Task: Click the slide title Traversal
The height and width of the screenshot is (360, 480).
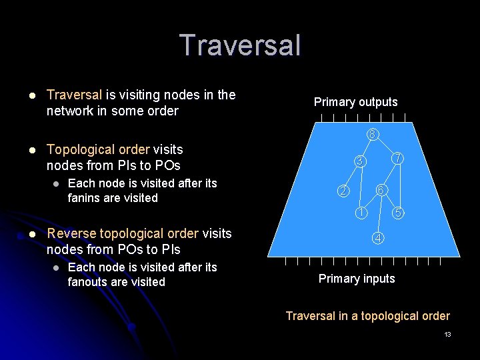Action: [x=240, y=45]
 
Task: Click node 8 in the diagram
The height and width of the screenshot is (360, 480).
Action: [x=373, y=134]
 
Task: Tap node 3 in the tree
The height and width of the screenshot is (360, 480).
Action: [x=359, y=161]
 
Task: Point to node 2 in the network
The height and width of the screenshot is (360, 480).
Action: [x=341, y=191]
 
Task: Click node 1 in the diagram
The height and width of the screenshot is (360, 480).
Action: [x=360, y=213]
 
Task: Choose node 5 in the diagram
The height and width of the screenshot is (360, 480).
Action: [x=397, y=213]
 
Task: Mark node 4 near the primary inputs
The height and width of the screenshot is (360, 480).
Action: [x=377, y=238]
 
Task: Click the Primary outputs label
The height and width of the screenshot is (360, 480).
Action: [x=355, y=102]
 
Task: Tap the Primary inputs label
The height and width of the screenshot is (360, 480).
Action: [x=357, y=279]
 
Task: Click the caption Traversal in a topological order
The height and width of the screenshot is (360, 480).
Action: [x=367, y=316]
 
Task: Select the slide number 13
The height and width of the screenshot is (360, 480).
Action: [x=447, y=334]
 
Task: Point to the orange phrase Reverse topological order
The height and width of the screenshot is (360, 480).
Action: [x=123, y=233]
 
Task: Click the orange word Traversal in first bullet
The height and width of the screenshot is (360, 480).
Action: [x=73, y=95]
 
